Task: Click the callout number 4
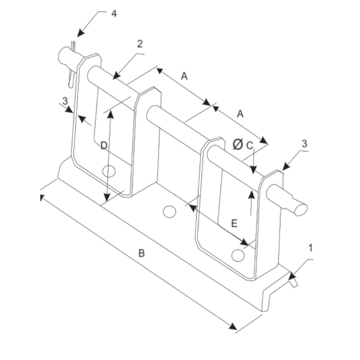(114, 14)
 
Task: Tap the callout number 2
(140, 44)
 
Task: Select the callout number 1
(310, 248)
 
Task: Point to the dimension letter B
(141, 253)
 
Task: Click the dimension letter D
(104, 145)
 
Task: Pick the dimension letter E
(234, 223)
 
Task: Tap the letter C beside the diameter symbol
(250, 145)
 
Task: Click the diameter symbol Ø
(238, 144)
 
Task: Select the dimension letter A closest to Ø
(240, 114)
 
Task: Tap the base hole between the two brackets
(170, 211)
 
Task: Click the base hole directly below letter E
(238, 255)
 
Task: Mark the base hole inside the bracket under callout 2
(109, 171)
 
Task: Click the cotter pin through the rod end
(71, 67)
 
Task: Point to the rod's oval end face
(300, 208)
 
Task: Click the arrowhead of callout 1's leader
(291, 276)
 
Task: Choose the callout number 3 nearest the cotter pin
(65, 101)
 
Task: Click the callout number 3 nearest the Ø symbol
(304, 144)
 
